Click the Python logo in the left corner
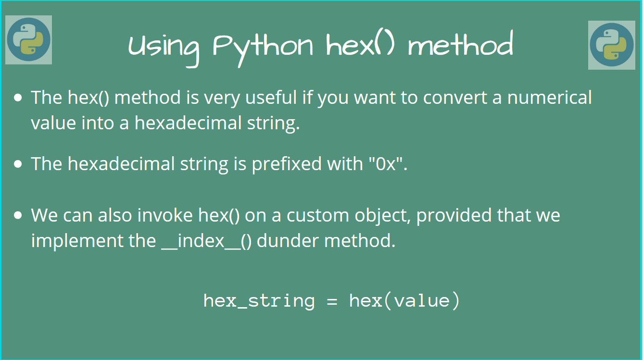point(29,40)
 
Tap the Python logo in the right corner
point(611,45)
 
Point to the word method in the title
point(460,45)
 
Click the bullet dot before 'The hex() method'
point(18,98)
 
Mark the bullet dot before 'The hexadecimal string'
point(18,164)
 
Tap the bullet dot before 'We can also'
point(18,215)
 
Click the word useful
point(271,98)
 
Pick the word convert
point(462,98)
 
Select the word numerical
point(550,98)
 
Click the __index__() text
point(206,240)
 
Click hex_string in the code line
point(259,301)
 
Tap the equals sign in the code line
point(332,301)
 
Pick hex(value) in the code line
point(404,301)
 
